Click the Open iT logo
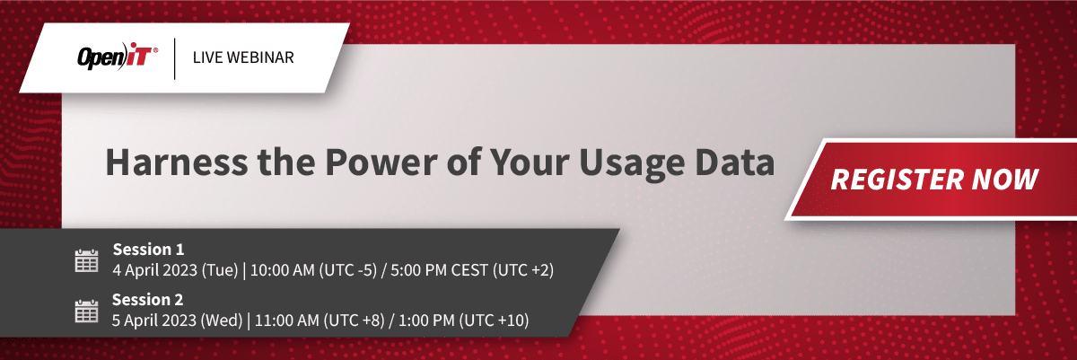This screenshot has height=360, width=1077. (x=118, y=57)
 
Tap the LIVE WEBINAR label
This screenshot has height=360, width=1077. (x=243, y=57)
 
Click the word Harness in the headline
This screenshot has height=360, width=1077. (x=177, y=162)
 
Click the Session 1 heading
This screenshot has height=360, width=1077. (x=149, y=250)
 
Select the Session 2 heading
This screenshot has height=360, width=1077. (x=147, y=300)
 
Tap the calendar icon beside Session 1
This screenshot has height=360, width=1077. (x=86, y=261)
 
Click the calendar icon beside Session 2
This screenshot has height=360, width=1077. (x=86, y=311)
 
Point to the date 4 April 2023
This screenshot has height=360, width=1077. (x=154, y=270)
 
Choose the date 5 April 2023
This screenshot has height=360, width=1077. (x=153, y=320)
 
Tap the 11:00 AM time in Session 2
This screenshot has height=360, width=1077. (x=287, y=320)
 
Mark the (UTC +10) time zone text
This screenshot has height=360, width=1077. (x=494, y=320)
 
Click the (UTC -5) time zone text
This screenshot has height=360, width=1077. (x=348, y=270)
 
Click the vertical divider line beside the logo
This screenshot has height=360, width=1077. (x=174, y=58)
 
